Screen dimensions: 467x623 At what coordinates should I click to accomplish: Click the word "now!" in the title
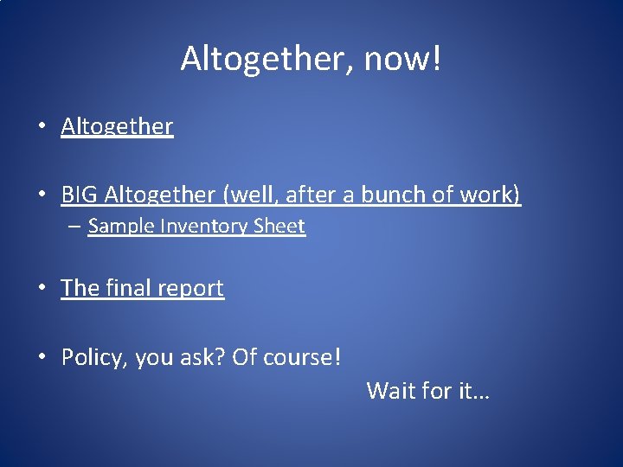(x=402, y=59)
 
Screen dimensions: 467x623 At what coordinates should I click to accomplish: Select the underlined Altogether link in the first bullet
(x=117, y=126)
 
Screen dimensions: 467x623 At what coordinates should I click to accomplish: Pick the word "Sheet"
(x=279, y=227)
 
